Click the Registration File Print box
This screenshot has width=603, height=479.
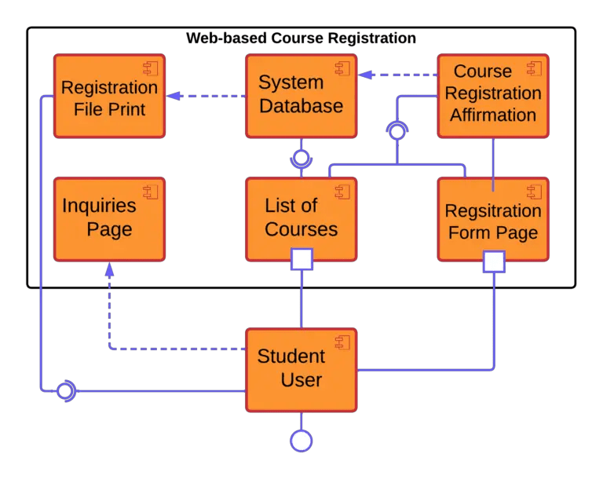109,97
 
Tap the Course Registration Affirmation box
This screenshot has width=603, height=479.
492,93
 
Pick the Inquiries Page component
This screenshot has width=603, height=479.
109,219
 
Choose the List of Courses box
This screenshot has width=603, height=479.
301,218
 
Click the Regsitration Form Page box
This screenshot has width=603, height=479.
492,221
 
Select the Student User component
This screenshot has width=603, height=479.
301,369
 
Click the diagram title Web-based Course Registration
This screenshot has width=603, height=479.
301,38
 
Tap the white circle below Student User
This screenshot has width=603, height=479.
301,441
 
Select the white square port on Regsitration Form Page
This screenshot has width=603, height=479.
494,261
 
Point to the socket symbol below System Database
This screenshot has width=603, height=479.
300,157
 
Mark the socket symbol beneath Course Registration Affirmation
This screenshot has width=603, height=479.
397,131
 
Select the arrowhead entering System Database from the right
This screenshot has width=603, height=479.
365,75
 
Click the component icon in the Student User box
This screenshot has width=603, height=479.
342,342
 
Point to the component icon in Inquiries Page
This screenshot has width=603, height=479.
151,191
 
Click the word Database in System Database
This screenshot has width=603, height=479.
301,106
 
